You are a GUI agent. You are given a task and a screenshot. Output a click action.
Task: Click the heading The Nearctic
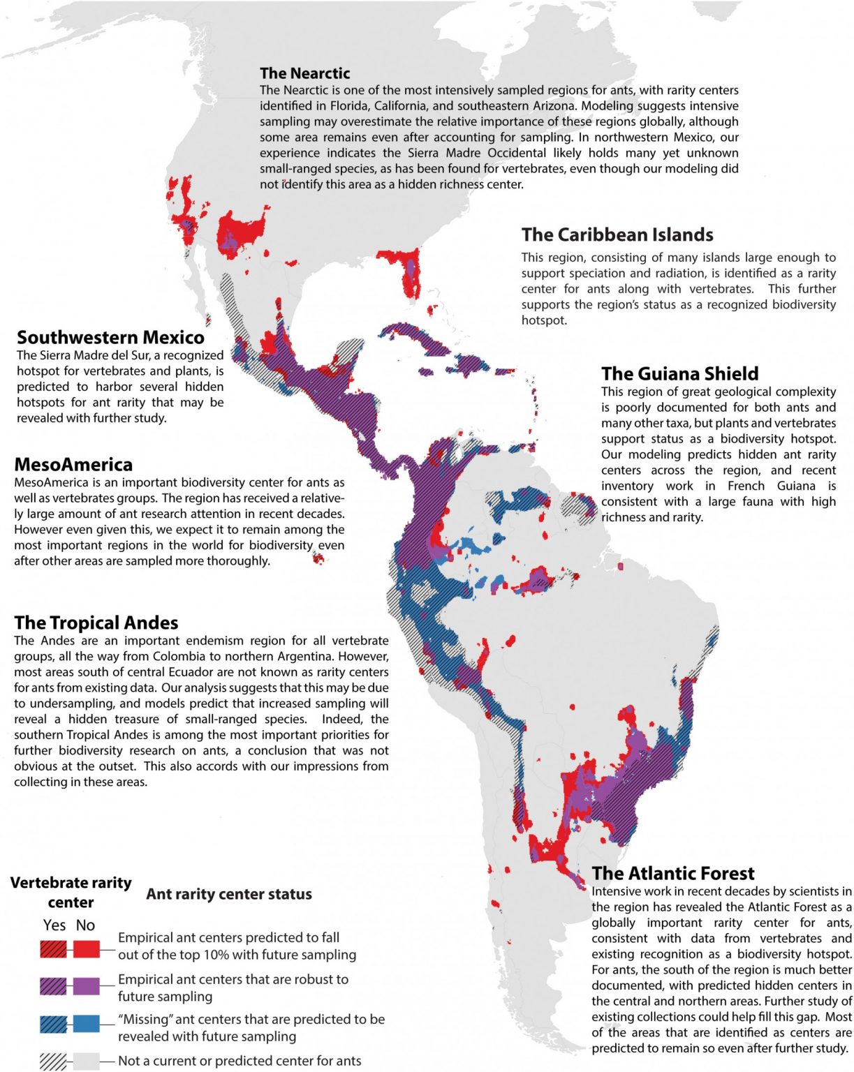[x=304, y=73]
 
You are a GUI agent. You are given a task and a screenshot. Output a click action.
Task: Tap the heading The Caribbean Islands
[x=617, y=234]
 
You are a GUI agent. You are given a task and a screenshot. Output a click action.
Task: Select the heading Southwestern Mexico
[x=110, y=338]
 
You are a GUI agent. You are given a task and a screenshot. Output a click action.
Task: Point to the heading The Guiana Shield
[x=679, y=373]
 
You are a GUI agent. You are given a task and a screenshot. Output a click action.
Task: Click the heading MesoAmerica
[x=73, y=465]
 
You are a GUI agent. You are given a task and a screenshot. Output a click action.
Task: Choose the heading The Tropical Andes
[x=96, y=623]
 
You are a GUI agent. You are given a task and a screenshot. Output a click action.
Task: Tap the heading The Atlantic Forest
[x=672, y=874]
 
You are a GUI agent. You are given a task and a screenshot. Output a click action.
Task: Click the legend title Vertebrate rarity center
[x=71, y=892]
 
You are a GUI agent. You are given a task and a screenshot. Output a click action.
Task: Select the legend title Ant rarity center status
[x=228, y=894]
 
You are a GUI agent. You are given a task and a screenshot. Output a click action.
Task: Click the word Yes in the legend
[x=54, y=925]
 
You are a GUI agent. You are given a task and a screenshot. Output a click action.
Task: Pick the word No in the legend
[x=85, y=925]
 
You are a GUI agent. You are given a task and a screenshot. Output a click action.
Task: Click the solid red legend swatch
[x=86, y=948]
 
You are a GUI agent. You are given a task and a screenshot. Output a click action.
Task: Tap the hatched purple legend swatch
[x=54, y=986]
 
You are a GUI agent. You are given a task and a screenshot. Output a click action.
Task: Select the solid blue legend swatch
[x=86, y=1024]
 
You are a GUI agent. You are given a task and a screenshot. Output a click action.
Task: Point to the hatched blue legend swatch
[x=54, y=1024]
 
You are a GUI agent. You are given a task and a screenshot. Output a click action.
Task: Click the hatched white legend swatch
[x=54, y=1061]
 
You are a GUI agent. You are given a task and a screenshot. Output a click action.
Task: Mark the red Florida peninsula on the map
[x=405, y=269]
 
